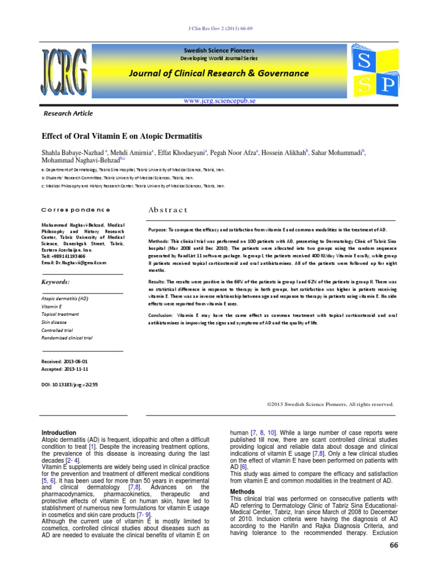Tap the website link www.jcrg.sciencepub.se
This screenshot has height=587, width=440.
[x=219, y=100]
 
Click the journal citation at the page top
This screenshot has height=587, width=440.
[x=220, y=29]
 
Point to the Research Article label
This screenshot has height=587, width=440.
[x=68, y=114]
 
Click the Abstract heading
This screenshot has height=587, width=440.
[x=168, y=210]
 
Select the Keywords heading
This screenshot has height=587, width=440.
[x=56, y=282]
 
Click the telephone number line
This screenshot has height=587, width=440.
[x=63, y=256]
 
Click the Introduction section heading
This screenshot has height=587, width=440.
[x=60, y=433]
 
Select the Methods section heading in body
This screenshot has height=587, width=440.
[x=242, y=492]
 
